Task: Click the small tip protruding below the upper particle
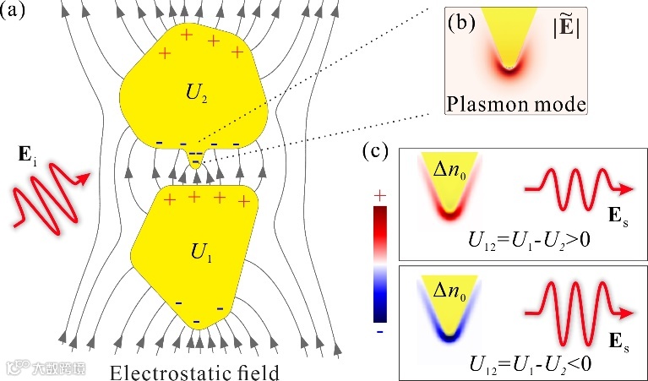coord(196,163)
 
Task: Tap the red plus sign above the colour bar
coord(380,195)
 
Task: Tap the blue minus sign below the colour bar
coord(380,332)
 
